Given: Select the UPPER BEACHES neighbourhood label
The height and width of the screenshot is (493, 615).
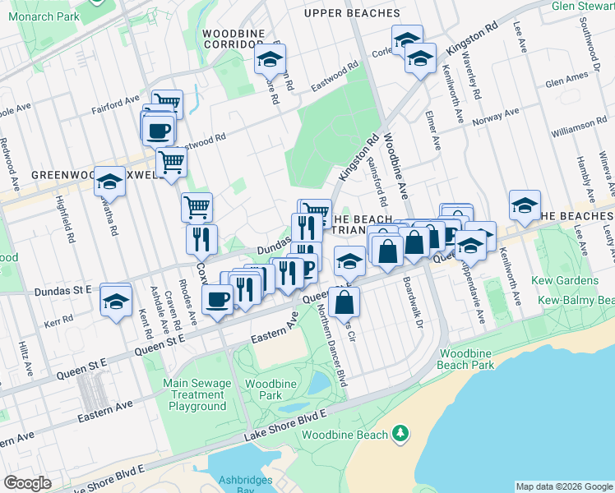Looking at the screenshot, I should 344,13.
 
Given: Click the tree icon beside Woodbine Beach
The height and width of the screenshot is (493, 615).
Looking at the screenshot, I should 400,432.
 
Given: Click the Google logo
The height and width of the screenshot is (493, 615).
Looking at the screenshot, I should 27,483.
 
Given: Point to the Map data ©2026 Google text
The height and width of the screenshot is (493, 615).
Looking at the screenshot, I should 564,486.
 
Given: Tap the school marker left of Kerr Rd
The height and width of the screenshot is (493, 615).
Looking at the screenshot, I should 116,301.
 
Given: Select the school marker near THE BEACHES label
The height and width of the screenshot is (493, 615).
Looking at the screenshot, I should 524,207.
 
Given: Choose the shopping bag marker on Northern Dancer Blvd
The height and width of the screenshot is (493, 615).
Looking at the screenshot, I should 347,302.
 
